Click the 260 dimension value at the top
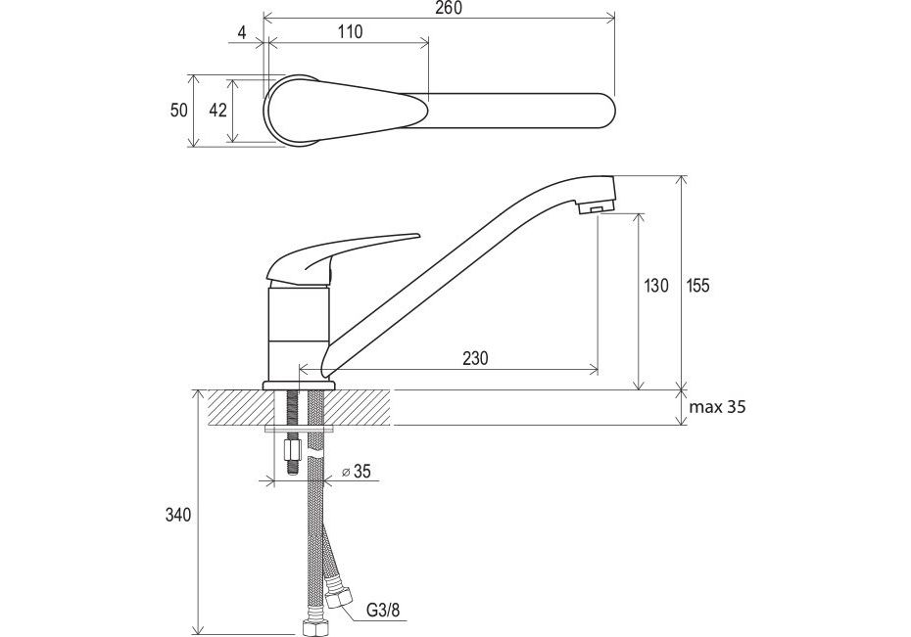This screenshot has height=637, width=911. [448, 8]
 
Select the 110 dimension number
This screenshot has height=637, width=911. [348, 31]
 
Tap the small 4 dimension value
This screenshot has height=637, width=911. [242, 32]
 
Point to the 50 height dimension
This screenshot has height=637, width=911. [179, 109]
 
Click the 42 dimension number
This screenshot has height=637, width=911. [217, 109]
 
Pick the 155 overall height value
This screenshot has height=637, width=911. [698, 286]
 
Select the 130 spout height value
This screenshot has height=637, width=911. [656, 286]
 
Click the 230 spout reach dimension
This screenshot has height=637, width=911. [475, 358]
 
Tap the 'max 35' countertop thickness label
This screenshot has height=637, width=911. [717, 407]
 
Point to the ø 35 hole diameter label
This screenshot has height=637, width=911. [356, 472]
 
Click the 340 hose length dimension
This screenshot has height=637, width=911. [178, 515]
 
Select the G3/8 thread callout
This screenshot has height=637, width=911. [383, 610]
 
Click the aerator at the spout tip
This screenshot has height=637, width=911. [595, 207]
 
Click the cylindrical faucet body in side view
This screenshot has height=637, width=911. [299, 334]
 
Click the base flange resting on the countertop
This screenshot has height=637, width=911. [299, 386]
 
